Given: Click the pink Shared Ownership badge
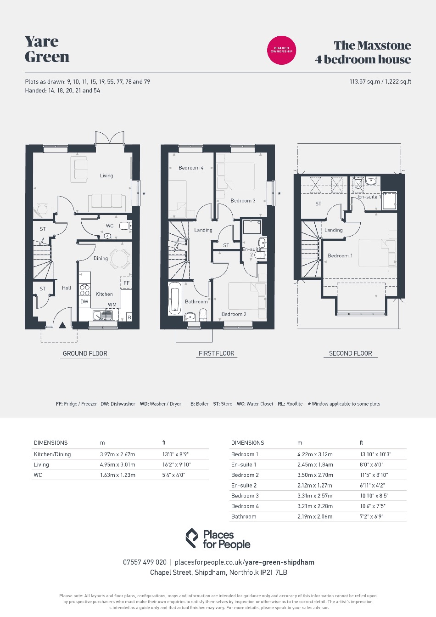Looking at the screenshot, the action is tap(281, 51).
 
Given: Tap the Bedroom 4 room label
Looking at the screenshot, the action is tap(191, 168).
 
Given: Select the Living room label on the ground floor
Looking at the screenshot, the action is tap(106, 176).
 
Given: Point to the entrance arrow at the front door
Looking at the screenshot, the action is tap(62, 325).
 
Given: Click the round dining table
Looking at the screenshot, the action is tap(120, 259).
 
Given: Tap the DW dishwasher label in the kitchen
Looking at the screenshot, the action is tap(84, 302).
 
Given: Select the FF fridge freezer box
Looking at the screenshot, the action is tap(126, 283).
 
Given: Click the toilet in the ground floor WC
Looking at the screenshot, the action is tap(125, 226).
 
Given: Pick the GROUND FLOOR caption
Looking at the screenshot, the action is tap(85, 353).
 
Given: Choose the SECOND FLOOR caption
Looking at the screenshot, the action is tap(351, 353).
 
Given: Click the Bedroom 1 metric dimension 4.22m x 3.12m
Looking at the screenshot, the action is tap(315, 454).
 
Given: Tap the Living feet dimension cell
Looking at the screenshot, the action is tap(176, 464).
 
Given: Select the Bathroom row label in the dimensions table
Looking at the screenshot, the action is tap(244, 516).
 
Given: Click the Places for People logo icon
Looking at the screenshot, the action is tap(192, 538).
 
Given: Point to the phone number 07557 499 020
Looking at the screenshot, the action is tap(145, 562).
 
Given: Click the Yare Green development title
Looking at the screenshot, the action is tap(47, 49).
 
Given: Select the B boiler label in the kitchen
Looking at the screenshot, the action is tap(129, 317).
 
